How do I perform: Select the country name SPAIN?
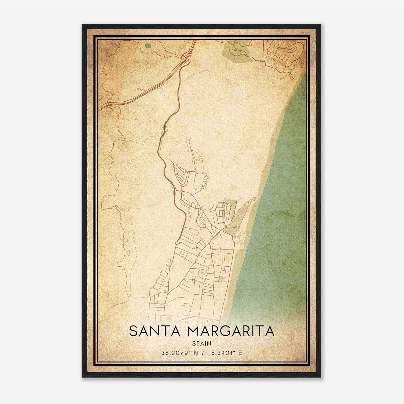point(202,343)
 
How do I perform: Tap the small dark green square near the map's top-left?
point(148,46)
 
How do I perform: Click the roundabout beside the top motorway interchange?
point(189,61)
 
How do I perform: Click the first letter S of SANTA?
point(133,331)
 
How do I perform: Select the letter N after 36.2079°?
point(194,353)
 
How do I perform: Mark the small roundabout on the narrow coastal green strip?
point(235,215)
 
